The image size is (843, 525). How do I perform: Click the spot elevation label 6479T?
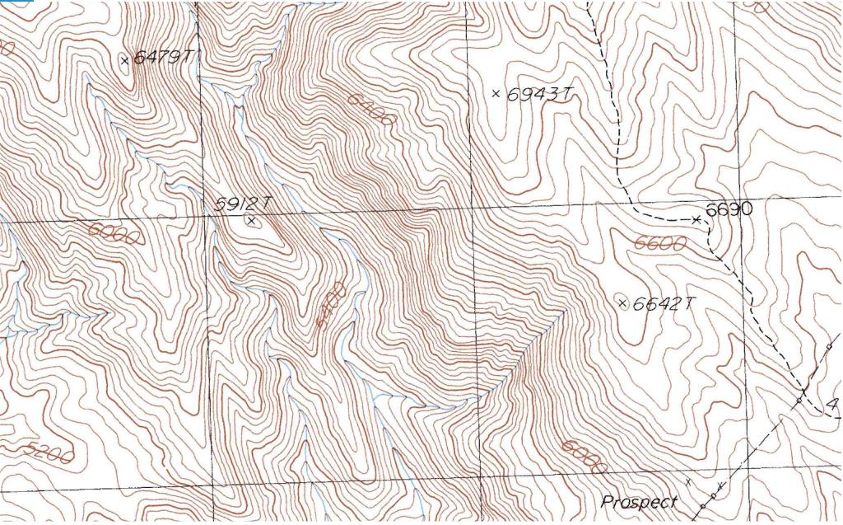[165, 58]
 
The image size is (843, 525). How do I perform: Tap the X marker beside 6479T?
[125, 60]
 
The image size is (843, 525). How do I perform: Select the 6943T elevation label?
[539, 95]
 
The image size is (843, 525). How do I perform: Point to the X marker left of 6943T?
[496, 94]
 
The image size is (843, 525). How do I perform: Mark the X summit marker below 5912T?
[251, 220]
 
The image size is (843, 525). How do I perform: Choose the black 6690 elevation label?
[729, 209]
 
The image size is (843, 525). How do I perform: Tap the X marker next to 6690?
[696, 219]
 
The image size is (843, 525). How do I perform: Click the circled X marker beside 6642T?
[622, 303]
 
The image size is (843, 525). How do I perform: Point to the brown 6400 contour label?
[371, 109]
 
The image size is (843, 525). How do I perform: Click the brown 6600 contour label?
[661, 243]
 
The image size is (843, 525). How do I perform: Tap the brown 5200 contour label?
[49, 452]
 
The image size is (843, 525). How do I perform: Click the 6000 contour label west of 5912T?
[114, 235]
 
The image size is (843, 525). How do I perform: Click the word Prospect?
[639, 502]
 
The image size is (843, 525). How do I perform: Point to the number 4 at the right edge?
[832, 405]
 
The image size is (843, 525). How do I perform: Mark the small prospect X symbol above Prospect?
[689, 480]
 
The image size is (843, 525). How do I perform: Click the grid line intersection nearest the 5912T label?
[205, 217]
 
